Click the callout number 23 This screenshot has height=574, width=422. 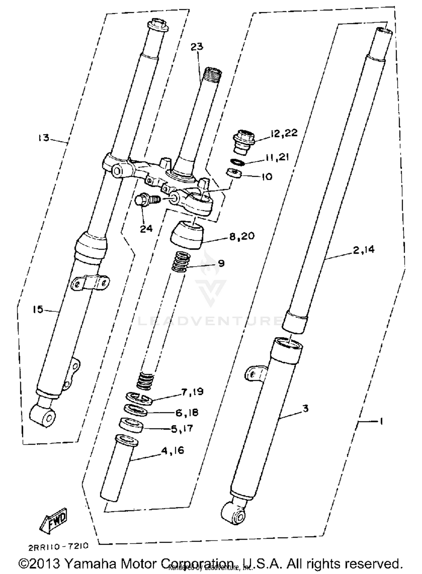197,46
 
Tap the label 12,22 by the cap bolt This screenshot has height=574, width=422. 284,133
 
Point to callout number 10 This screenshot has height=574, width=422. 266,177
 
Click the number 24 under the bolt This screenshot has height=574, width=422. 146,228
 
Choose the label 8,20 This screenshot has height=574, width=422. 242,236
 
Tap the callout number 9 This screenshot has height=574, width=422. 221,263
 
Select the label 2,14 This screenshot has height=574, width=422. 364,250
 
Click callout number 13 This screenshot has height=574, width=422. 44,138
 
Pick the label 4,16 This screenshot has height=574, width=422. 172,451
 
